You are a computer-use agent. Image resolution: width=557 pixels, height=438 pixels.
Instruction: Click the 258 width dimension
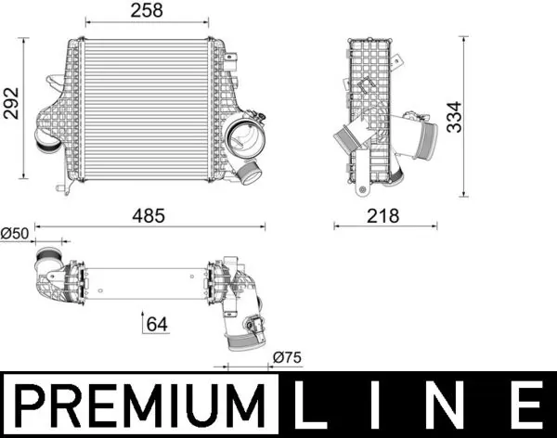point(147,10)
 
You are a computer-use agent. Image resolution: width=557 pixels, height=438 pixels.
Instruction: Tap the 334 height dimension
point(453,117)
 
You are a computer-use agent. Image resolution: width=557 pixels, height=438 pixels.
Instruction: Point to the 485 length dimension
point(147,215)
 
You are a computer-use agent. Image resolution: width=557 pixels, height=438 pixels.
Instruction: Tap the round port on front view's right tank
point(241,139)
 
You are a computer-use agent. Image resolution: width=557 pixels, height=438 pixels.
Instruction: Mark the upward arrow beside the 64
point(143,324)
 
